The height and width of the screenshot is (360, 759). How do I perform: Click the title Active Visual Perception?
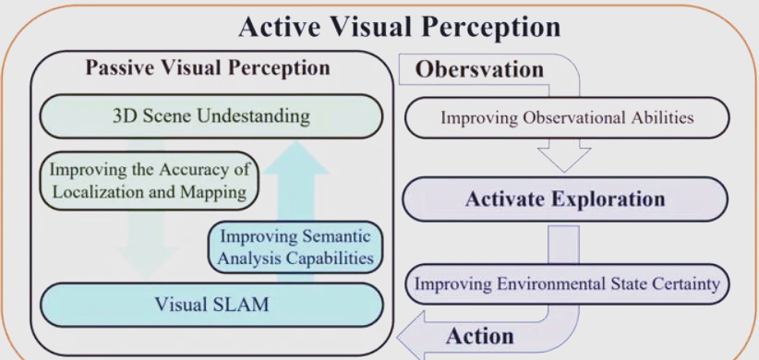pos(400,27)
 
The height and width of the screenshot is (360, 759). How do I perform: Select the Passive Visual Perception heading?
pos(208,67)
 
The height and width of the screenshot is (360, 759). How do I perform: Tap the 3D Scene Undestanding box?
pos(211,116)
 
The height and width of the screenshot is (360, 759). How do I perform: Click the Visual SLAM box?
pos(211,306)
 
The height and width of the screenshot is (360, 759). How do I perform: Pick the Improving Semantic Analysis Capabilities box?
pos(295,247)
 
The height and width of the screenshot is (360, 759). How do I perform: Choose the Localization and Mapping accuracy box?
pos(148,181)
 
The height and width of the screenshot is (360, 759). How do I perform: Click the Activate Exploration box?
pos(565,198)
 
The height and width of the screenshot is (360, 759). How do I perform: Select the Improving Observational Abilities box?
pos(567,117)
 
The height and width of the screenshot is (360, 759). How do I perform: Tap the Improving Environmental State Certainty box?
pos(567,284)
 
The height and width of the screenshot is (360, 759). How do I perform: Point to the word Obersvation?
pos(479,69)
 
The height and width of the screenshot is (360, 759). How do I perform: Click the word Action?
pos(480,336)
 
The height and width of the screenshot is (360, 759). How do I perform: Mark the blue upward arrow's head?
pos(296,157)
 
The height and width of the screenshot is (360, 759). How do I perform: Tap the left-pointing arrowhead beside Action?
pos(412,335)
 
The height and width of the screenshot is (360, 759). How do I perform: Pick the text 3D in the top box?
pos(121,116)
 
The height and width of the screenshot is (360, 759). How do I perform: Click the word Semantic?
pos(336,237)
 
